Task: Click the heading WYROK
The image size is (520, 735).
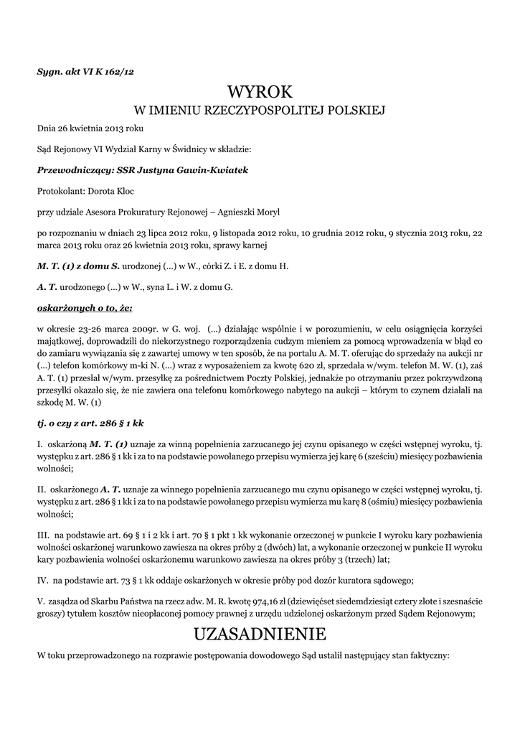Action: (260, 92)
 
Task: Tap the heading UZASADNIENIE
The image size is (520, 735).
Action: (260, 635)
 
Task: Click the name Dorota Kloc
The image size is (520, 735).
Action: (111, 192)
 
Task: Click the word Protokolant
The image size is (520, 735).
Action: (60, 192)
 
